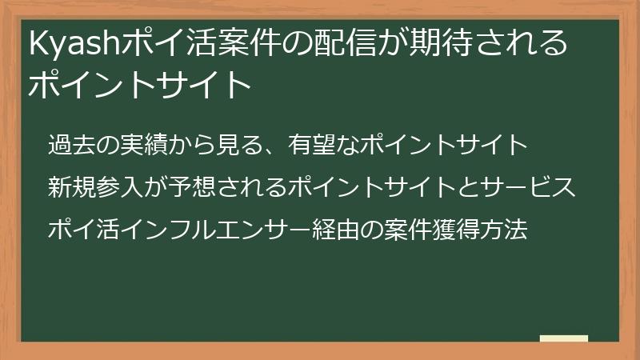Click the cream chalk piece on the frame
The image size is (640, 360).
564,338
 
